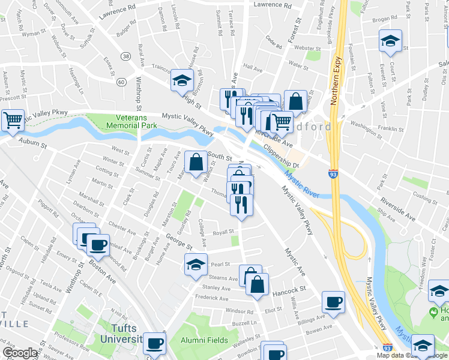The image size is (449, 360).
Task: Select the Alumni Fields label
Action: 205,340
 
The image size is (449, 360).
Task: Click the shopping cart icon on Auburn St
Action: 13,120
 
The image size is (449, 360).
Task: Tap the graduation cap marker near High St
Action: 181,80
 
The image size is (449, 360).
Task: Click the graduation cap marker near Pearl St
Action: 196,265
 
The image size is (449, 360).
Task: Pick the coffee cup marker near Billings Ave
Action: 334,302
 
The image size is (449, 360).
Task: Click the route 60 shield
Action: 121,82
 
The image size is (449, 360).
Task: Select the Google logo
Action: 20,353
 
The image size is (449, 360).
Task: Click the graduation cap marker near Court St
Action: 390,41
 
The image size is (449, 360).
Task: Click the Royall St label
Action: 223,232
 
